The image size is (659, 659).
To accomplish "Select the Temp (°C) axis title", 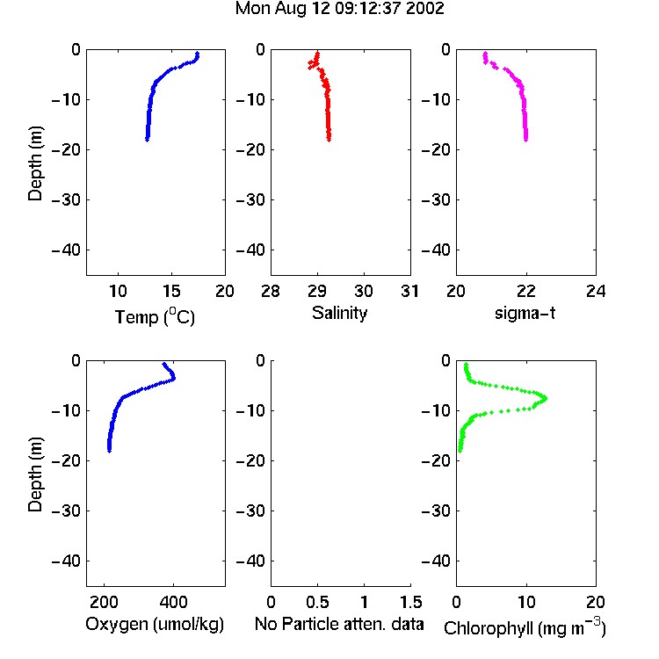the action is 155,316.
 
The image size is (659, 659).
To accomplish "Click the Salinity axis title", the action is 339,314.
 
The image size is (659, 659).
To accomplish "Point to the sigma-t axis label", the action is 525,313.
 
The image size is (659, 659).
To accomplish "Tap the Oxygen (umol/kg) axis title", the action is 155,625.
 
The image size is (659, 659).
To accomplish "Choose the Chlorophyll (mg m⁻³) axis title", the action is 525,627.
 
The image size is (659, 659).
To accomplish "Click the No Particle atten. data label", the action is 339,624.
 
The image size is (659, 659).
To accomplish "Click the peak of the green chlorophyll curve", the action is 545,397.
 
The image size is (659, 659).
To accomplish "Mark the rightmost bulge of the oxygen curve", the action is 173,378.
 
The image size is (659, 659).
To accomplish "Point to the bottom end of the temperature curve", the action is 147,139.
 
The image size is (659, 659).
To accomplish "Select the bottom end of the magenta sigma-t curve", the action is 525,139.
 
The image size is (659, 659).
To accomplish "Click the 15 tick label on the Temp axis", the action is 171,291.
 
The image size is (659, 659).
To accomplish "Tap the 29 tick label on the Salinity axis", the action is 317,291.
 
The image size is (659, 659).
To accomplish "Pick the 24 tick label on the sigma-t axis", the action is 596,291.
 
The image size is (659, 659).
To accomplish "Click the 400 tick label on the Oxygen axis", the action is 174,602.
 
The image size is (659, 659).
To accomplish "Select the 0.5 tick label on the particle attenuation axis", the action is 317,602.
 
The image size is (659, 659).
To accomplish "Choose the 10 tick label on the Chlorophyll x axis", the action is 526,602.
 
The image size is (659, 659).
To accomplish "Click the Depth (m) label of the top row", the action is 35,163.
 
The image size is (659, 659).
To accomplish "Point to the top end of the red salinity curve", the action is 318,54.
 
